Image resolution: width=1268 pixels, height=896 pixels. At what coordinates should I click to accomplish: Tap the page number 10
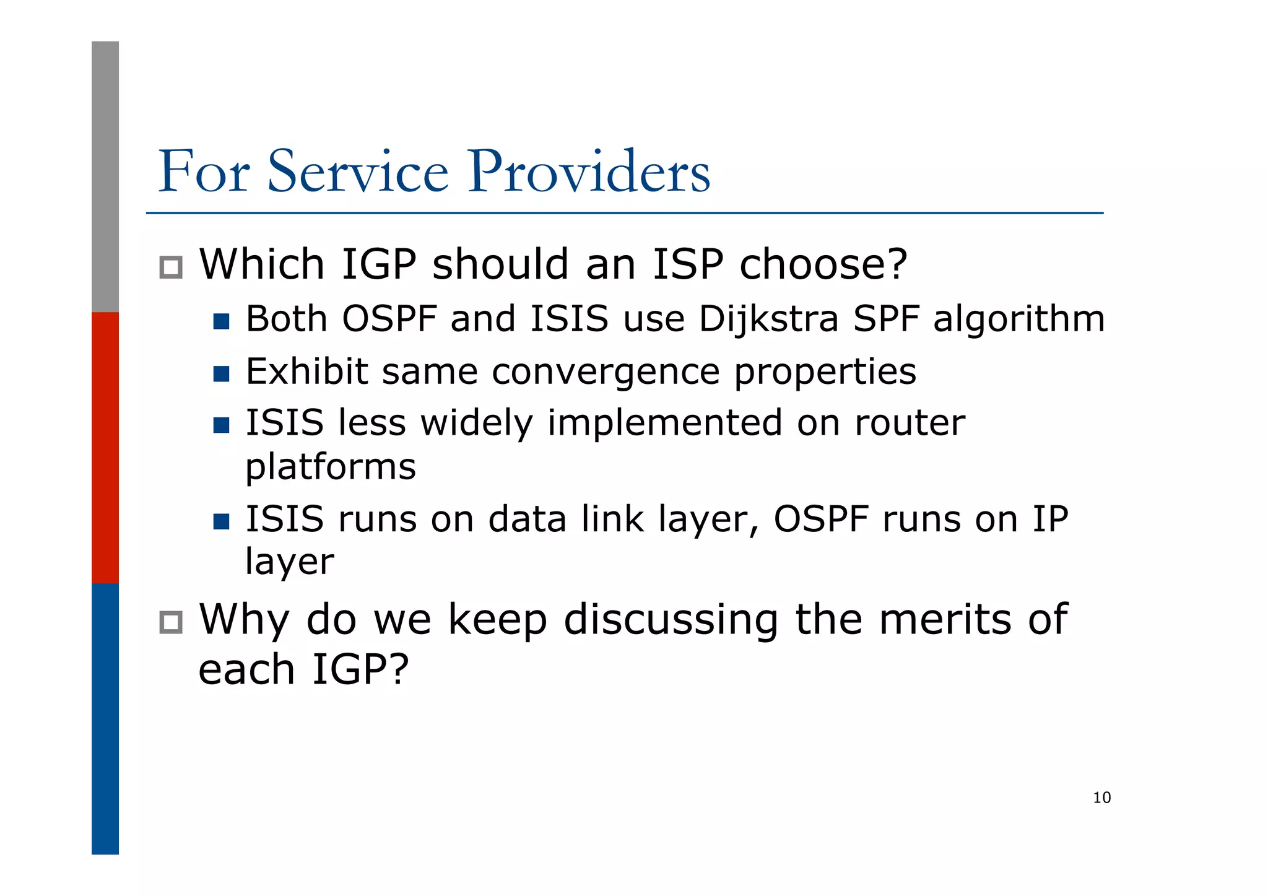pyautogui.click(x=1101, y=798)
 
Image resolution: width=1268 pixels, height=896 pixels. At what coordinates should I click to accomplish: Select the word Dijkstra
pyautogui.click(x=768, y=320)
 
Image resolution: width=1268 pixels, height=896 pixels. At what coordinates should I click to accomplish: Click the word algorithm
pyautogui.click(x=1018, y=320)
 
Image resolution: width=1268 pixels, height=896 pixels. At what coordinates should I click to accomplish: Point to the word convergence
pyautogui.click(x=606, y=372)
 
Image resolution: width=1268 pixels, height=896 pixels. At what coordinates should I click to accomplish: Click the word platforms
pyautogui.click(x=331, y=467)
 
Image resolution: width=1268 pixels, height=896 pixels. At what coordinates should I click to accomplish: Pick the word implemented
pyautogui.click(x=664, y=424)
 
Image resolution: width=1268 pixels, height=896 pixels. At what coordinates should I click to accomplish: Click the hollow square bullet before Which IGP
pyautogui.click(x=171, y=267)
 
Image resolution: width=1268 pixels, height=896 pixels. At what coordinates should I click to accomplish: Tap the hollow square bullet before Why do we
pyautogui.click(x=171, y=622)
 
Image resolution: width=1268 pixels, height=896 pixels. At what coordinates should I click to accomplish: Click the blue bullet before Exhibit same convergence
pyautogui.click(x=221, y=374)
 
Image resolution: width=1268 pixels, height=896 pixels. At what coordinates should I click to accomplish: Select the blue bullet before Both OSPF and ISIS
pyautogui.click(x=221, y=321)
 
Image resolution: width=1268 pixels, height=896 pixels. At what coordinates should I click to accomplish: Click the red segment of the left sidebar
pyautogui.click(x=105, y=447)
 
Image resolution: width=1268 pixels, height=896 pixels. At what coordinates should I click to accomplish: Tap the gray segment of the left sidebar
pyautogui.click(x=105, y=176)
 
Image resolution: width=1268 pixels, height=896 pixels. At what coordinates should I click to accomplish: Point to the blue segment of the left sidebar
pyautogui.click(x=105, y=718)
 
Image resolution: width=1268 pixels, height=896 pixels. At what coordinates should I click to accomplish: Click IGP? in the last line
pyautogui.click(x=360, y=670)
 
